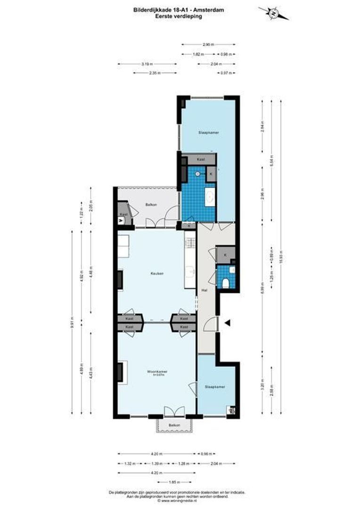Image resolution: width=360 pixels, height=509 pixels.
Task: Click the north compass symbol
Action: point(273,14)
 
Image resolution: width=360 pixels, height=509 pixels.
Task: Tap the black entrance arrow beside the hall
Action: point(227,323)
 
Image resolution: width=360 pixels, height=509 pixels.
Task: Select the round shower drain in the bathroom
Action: point(198,174)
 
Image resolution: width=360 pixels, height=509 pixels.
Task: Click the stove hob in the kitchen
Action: point(189,243)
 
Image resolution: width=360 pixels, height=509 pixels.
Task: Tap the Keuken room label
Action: point(157,273)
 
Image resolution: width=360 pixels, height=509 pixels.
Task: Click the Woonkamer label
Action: point(157,371)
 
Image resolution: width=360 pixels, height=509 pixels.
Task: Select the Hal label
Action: point(204,290)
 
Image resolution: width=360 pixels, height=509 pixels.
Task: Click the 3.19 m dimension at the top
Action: point(147,64)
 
